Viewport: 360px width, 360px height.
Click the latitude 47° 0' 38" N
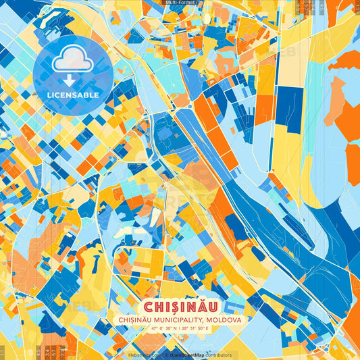[159, 328]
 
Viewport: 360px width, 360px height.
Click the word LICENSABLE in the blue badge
[73, 95]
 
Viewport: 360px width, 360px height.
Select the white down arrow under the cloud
[69, 80]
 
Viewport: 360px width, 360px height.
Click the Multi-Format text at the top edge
[180, 3]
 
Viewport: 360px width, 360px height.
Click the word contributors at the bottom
[219, 355]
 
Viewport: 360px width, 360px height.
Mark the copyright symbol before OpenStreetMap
[167, 355]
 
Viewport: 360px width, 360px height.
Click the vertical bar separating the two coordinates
[179, 328]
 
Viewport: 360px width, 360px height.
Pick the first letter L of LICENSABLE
[49, 95]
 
